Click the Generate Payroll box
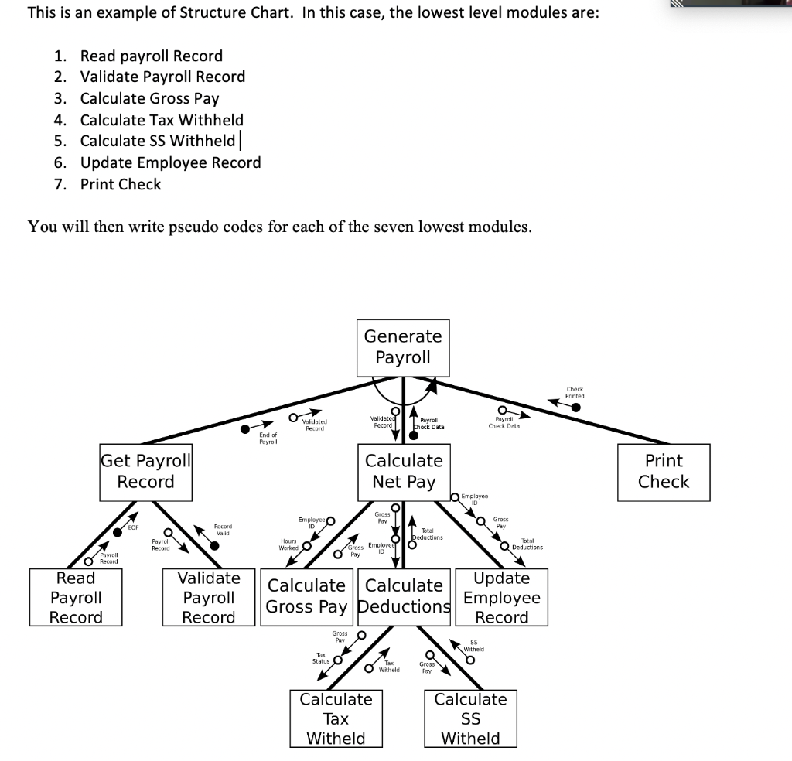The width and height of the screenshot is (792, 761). (403, 347)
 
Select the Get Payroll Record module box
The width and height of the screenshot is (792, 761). (145, 471)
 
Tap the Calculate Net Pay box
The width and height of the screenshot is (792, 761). (404, 471)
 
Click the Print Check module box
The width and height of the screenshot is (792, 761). (663, 471)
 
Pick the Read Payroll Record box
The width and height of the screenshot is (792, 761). (76, 597)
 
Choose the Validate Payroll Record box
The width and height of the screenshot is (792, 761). (209, 597)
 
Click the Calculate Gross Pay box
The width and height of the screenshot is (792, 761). (306, 596)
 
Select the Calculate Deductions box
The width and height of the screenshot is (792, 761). (405, 596)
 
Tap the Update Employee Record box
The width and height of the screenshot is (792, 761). (501, 597)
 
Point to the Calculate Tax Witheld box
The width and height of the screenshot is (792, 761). (336, 718)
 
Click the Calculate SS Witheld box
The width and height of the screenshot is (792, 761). (470, 718)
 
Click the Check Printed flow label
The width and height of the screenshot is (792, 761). (575, 392)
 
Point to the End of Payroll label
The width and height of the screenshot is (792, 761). (268, 438)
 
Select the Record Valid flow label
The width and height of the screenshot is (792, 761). (223, 530)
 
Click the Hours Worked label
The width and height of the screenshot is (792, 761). (288, 544)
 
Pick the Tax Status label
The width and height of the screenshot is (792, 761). (321, 657)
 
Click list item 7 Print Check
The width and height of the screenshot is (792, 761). (121, 184)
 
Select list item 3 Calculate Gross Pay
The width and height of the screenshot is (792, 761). (149, 98)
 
